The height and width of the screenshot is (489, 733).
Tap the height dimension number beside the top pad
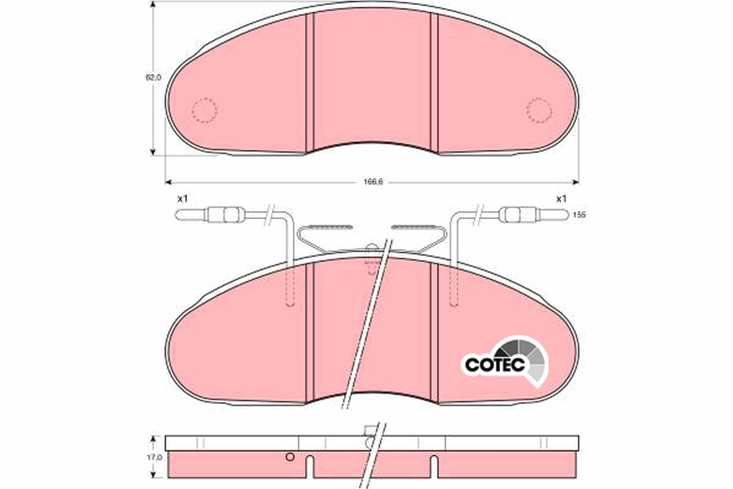(153, 78)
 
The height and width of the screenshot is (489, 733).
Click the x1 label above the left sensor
(182, 199)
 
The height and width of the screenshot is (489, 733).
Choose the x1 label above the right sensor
(561, 199)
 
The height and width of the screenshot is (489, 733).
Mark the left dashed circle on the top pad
(205, 111)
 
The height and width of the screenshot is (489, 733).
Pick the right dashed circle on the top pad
(539, 111)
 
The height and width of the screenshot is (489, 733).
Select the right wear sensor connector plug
(519, 215)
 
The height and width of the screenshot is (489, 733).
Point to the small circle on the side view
(290, 457)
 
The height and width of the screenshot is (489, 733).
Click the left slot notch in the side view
(310, 468)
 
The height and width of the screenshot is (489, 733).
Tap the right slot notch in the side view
(433, 468)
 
